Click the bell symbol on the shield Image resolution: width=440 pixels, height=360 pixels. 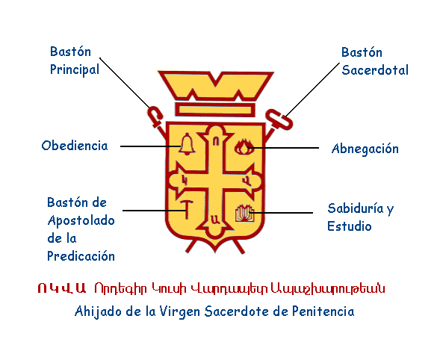tap(187, 144)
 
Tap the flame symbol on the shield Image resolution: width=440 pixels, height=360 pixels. tap(244, 147)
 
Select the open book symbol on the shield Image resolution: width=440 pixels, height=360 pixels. tap(245, 214)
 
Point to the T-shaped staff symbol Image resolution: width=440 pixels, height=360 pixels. tap(186, 209)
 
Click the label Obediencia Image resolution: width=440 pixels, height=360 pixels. tap(75, 146)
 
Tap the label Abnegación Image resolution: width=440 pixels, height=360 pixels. tap(365, 149)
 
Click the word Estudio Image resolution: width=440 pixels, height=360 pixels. tap(350, 226)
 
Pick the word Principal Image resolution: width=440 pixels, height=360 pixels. tap(75, 69)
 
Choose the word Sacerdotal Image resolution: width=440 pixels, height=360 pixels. tap(375, 70)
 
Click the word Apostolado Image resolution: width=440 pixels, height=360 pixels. tap(81, 220)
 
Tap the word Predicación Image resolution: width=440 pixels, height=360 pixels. tap(81, 256)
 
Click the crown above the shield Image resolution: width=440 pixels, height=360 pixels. tap(216, 86)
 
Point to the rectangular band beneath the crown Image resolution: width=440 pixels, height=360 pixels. tap(215, 110)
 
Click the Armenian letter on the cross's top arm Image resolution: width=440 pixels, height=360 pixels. tap(215, 142)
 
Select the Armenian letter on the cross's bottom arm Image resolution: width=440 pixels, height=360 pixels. tap(214, 219)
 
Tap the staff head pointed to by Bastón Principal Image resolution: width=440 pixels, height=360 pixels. tap(155, 117)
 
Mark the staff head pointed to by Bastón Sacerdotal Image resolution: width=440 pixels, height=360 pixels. tap(279, 120)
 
